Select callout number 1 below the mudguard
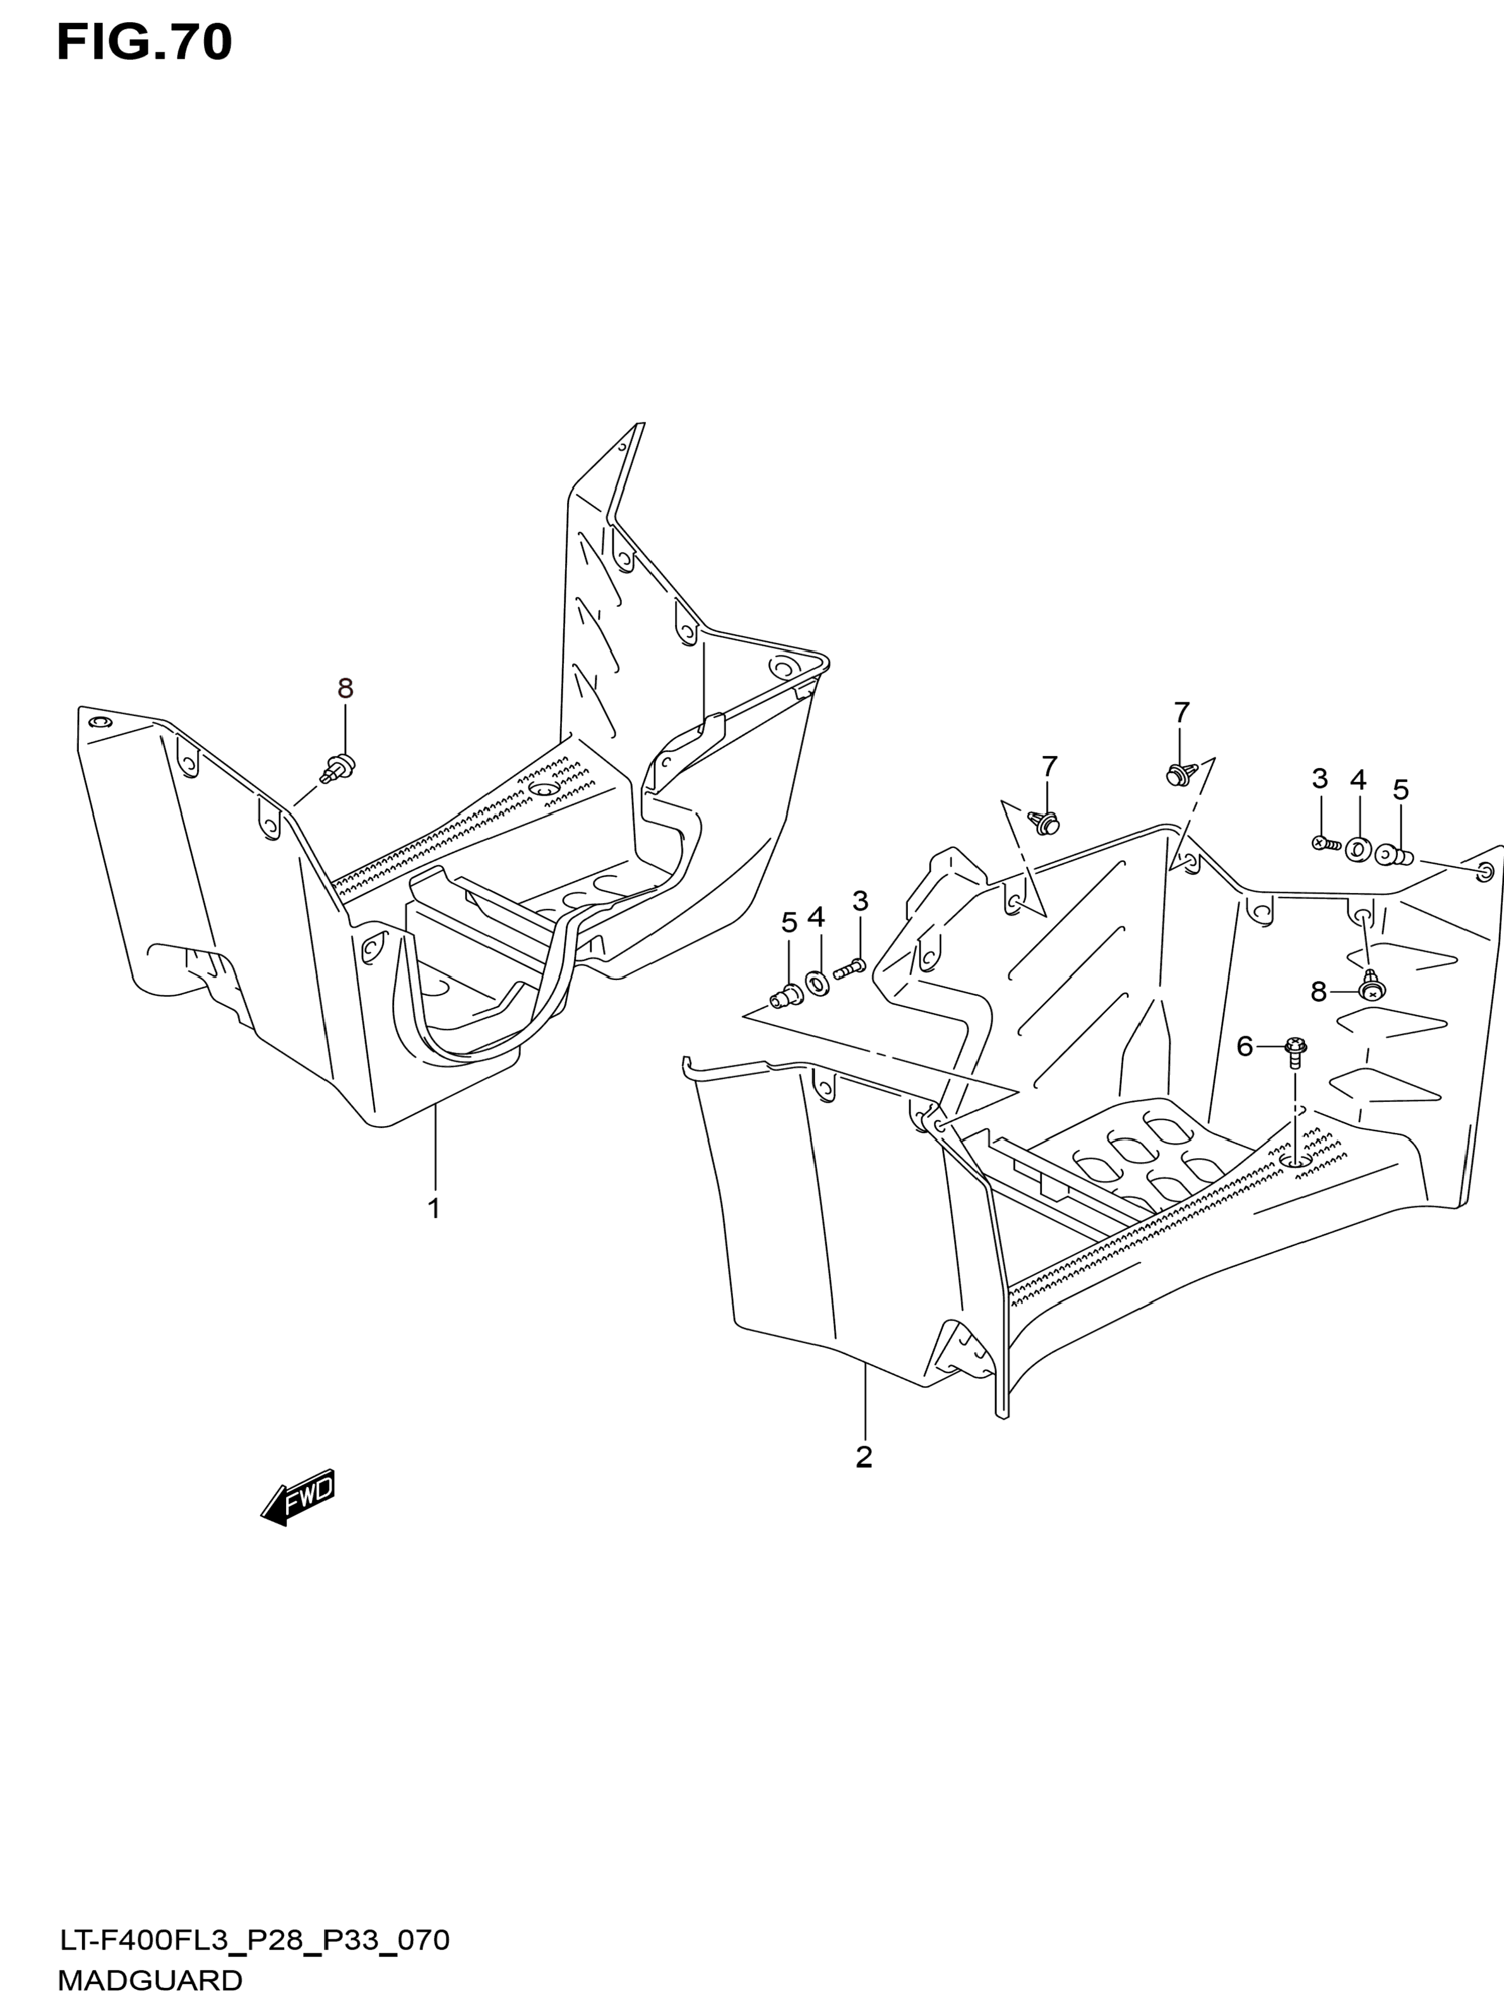(434, 1208)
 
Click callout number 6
(1244, 1047)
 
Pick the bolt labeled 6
(1293, 1051)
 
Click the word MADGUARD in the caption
(150, 1980)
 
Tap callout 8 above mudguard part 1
(345, 689)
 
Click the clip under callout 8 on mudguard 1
(340, 767)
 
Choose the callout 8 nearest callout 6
(1319, 992)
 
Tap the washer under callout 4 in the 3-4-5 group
(1358, 850)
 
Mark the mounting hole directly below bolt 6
(1294, 1159)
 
